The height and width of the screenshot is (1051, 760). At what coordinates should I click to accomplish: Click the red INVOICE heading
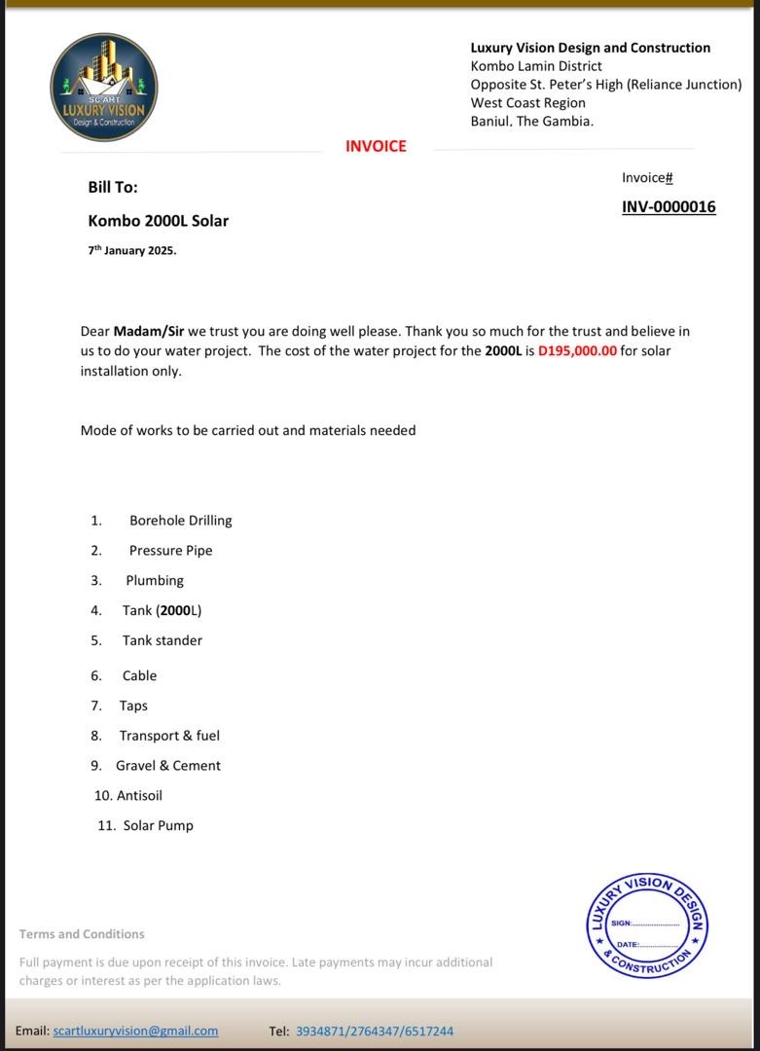coord(376,146)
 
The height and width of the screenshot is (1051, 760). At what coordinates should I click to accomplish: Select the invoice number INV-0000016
coord(669,206)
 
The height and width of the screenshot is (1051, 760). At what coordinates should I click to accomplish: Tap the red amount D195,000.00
coord(577,351)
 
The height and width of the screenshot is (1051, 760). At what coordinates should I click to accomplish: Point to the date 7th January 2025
coord(132,250)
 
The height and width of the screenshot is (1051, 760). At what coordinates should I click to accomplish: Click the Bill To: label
coord(113,187)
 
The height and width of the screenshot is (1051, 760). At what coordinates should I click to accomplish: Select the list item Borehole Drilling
coord(180,521)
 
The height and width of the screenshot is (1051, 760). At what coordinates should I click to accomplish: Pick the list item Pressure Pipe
coord(170,551)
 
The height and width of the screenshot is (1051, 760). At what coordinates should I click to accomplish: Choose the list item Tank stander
coord(163,640)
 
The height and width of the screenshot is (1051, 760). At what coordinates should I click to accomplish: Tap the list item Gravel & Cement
coord(168,766)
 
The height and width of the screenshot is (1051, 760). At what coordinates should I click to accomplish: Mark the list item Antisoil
coord(139,796)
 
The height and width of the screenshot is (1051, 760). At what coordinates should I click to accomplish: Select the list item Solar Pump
coord(158,826)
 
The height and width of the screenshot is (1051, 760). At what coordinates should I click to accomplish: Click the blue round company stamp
coord(647,925)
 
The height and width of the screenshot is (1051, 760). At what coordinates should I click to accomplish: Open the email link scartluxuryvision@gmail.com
coord(135,1031)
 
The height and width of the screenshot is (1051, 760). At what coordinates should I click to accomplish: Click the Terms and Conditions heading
coord(82,934)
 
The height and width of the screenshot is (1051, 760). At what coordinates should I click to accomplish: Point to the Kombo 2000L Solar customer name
coord(159,221)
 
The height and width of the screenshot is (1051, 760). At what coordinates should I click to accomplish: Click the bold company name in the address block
coord(590,48)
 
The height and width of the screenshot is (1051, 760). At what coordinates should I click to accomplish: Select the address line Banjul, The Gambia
coord(531,122)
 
